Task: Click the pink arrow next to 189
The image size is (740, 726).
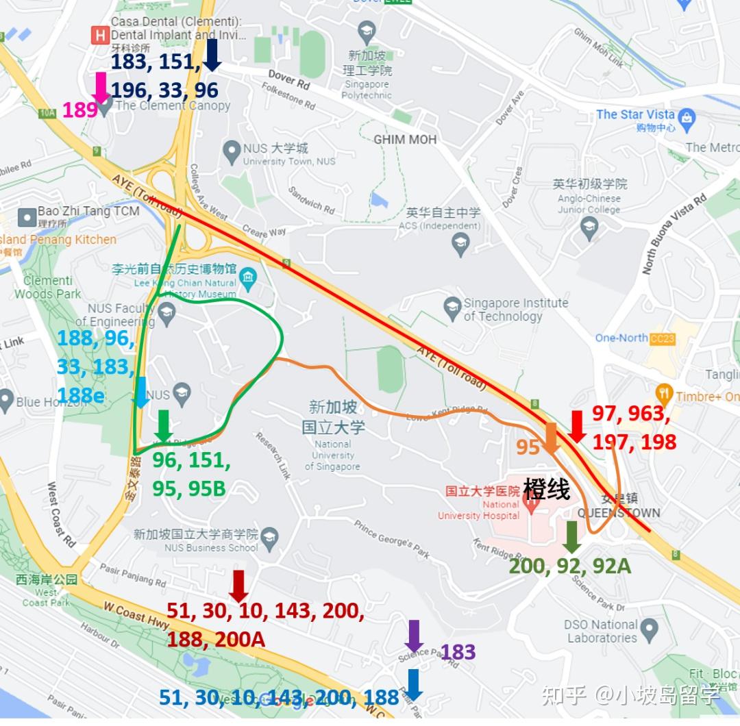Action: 101,88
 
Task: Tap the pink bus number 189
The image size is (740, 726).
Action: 79,110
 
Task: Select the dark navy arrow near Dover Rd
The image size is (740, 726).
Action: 212,55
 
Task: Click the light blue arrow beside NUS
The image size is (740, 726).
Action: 140,392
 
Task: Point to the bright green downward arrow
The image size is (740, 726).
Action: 163,425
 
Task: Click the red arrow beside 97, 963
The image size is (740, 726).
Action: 577,425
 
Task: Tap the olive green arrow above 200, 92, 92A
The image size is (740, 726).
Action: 572,537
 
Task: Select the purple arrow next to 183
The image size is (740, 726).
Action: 414,636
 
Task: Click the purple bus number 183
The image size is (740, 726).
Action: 458,652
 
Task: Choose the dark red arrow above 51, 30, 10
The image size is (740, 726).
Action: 238,586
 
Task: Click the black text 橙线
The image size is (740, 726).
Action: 546,489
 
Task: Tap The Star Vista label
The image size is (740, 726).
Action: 635,114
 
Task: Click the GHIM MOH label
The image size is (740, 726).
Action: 405,140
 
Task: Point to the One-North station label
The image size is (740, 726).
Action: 621,338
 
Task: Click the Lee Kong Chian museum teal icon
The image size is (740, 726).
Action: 248,277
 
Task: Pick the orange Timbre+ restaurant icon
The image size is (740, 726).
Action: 663,394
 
